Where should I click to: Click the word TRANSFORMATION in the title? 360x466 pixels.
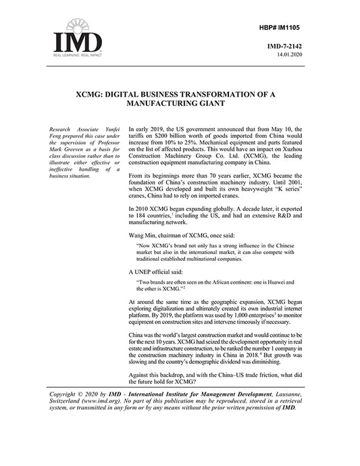click(x=230, y=95)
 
